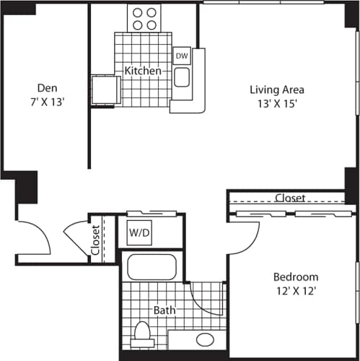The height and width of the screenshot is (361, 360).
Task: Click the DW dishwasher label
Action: pyautogui.click(x=182, y=55)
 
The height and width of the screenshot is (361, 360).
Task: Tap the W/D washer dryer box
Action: pyautogui.click(x=139, y=233)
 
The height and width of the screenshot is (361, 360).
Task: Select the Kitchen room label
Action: pyautogui.click(x=142, y=71)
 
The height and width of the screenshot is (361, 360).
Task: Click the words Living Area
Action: pyautogui.click(x=277, y=90)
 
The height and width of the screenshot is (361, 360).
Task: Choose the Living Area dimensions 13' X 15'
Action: pyautogui.click(x=277, y=103)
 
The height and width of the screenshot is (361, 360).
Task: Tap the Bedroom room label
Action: pyautogui.click(x=296, y=277)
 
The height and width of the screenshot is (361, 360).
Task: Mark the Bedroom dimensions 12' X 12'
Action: pyautogui.click(x=296, y=290)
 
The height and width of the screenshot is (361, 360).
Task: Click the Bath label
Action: pyautogui.click(x=164, y=310)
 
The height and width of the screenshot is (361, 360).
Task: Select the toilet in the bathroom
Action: pyautogui.click(x=142, y=334)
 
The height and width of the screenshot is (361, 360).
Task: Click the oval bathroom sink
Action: pyautogui.click(x=206, y=339)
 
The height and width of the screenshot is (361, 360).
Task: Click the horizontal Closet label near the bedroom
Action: pyautogui.click(x=290, y=198)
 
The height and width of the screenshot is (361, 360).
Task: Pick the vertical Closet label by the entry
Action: pyautogui.click(x=96, y=241)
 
